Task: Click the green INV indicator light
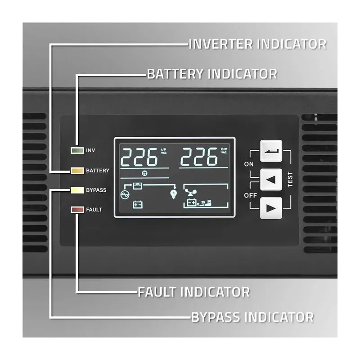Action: [x=77, y=150]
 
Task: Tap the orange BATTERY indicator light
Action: [x=77, y=171]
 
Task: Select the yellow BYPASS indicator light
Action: [x=77, y=190]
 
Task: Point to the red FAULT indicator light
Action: [x=77, y=209]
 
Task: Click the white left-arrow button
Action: [x=271, y=180]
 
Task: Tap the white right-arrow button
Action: [x=271, y=208]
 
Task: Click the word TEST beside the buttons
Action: [x=290, y=180]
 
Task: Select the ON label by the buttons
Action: [x=249, y=164]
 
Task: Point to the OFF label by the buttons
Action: [x=250, y=195]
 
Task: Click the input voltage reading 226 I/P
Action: [x=139, y=157]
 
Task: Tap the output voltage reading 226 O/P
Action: [x=199, y=157]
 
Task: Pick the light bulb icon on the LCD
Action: [x=173, y=194]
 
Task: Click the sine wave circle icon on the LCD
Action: [x=124, y=194]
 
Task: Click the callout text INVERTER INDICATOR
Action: [x=257, y=44]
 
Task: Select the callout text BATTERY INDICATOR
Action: [x=212, y=73]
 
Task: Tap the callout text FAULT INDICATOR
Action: [x=193, y=292]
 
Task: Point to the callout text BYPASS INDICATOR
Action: [x=252, y=317]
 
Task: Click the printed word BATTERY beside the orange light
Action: [x=98, y=171]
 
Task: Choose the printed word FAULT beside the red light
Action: [x=94, y=210]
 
